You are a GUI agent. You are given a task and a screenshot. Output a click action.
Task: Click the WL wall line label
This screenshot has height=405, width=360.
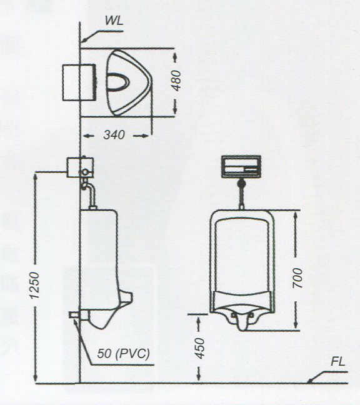(114, 21)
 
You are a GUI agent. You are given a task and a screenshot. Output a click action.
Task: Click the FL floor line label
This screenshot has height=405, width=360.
(338, 362)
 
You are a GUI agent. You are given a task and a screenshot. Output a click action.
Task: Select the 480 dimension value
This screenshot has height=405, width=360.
(177, 81)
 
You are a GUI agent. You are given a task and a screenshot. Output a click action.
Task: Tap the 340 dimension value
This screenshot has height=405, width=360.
(114, 135)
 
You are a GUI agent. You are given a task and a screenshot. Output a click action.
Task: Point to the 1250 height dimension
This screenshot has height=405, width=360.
(34, 286)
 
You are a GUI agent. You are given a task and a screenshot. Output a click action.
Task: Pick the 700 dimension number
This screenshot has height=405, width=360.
(297, 278)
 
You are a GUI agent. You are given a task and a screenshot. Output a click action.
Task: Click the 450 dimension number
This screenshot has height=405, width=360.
(199, 348)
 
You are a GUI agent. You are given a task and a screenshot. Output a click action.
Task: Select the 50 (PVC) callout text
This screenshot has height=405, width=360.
(124, 354)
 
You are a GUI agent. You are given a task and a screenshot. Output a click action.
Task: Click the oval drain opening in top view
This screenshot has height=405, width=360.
(117, 82)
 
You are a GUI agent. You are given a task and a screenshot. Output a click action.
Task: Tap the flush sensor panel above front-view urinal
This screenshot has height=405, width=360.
(241, 167)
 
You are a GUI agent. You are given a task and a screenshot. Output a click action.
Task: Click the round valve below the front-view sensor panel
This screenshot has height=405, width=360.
(241, 183)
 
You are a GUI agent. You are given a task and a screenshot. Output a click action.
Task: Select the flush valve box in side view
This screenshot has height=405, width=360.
(80, 167)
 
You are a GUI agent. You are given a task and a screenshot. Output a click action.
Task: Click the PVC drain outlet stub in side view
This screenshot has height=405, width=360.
(75, 315)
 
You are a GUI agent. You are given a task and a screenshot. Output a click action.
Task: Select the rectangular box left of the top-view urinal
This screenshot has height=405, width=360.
(79, 82)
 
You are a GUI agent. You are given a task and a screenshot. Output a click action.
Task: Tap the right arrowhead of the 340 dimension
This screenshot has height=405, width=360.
(145, 136)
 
